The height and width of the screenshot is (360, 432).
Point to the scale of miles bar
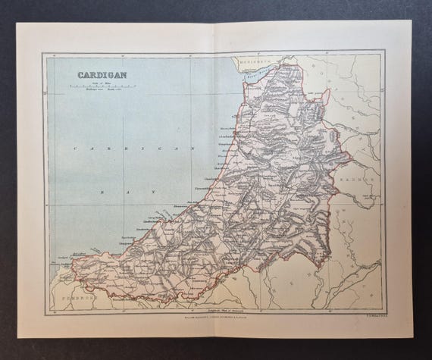pyautogui.click(x=96, y=88)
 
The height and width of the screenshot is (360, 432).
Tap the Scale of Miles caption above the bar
pyautogui.click(x=96, y=83)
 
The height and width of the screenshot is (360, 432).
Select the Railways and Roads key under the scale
pyautogui.click(x=96, y=92)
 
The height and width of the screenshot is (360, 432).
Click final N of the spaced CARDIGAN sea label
pyautogui.click(x=195, y=149)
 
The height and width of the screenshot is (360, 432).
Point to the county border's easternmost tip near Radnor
pyautogui.click(x=350, y=159)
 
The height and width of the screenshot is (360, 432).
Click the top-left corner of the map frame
pyautogui.click(x=44, y=53)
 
